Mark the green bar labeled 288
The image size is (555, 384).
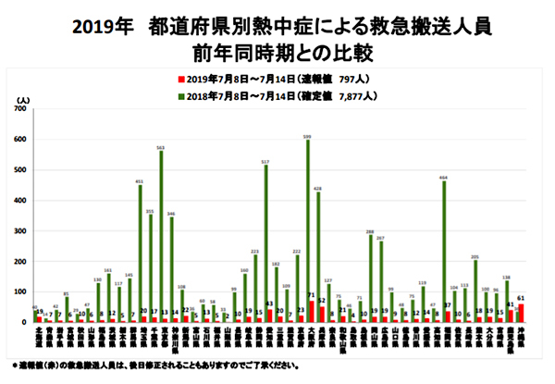pos(371,279)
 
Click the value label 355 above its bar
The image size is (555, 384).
pos(150,212)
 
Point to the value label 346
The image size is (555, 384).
pos(171,215)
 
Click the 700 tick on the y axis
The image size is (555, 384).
pos(21,110)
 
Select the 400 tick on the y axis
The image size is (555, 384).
pos(21,201)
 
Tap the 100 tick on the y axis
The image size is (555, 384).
pos(21,291)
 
